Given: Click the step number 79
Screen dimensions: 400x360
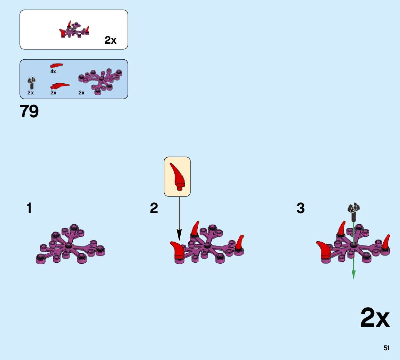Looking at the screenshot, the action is click(29, 112).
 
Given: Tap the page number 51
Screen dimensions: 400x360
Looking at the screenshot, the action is click(386, 348).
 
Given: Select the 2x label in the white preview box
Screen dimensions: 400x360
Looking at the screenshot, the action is click(111, 41).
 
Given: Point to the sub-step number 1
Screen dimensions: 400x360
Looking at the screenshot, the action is click(29, 209).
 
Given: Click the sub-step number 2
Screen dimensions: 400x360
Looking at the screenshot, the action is click(154, 209).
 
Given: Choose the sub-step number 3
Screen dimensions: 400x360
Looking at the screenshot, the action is click(301, 209).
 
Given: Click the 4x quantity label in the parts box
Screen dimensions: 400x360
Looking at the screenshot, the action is click(53, 72).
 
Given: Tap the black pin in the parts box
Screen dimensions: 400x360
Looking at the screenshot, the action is click(31, 83).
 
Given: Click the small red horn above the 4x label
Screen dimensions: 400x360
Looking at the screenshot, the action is click(56, 65).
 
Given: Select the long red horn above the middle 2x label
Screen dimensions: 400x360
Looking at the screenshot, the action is click(60, 85).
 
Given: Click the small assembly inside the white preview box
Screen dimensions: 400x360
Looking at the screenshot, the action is click(74, 30).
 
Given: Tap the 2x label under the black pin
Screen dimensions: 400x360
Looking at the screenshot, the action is click(31, 93).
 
